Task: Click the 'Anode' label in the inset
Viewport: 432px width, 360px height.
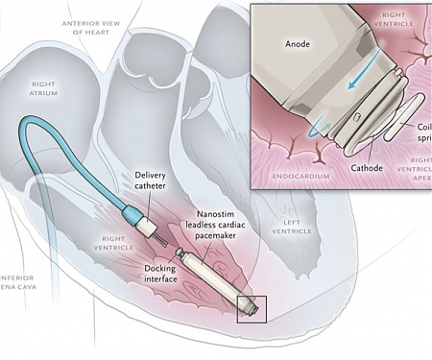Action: coord(286,44)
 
